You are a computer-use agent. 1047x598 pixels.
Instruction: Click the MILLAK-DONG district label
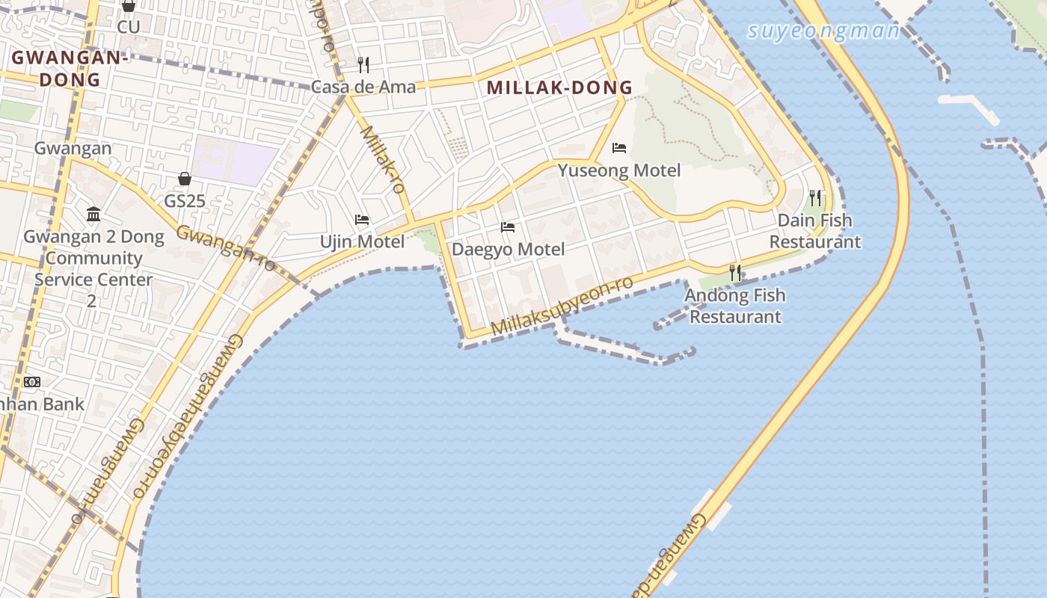click(559, 87)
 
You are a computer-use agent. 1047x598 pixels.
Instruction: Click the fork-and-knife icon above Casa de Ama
click(363, 65)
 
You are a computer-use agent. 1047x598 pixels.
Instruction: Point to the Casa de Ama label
click(363, 87)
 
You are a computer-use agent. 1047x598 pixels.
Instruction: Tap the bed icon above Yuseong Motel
click(618, 148)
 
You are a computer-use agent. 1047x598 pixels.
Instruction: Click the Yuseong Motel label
click(619, 170)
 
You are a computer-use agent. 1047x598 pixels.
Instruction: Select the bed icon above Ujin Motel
click(362, 220)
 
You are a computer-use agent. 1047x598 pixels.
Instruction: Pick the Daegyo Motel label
click(508, 249)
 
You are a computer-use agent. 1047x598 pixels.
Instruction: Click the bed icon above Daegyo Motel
click(508, 227)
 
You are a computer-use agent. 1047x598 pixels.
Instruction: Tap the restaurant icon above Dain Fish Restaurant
click(815, 198)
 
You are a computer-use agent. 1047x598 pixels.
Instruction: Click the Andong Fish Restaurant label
click(735, 306)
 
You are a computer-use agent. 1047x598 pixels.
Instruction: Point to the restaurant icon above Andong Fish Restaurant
click(735, 273)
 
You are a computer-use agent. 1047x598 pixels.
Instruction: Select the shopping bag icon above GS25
click(185, 179)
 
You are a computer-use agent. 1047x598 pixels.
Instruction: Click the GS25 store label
click(185, 201)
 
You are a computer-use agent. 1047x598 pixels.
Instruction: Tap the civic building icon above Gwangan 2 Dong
click(93, 215)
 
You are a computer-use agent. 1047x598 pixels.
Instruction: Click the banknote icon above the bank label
click(31, 382)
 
